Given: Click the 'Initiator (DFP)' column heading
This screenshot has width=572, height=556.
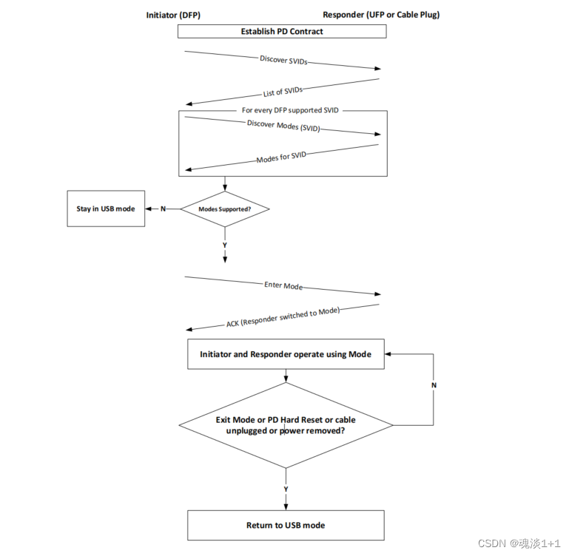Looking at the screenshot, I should [x=173, y=15].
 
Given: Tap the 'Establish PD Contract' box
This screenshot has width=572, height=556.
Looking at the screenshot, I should [x=282, y=31].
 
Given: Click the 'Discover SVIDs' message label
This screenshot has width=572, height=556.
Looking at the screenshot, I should [x=283, y=60].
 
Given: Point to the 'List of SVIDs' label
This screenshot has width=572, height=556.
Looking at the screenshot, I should [x=283, y=92].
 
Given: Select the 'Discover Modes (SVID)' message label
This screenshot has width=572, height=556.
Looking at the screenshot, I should [x=283, y=126].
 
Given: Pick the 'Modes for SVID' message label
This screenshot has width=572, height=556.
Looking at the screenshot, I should [x=281, y=158].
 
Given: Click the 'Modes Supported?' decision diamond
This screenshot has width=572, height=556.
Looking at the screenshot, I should [x=224, y=209].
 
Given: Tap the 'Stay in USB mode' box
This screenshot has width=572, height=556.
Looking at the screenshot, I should [x=106, y=208].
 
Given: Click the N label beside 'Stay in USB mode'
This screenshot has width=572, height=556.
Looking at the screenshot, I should [x=163, y=208].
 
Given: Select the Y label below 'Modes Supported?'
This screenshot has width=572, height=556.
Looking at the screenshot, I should [x=224, y=244].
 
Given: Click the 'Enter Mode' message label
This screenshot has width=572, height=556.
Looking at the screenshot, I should [x=283, y=285].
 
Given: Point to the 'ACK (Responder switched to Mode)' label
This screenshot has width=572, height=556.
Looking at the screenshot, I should [x=283, y=317].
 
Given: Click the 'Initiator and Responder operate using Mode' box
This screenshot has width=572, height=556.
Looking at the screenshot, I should [x=286, y=355].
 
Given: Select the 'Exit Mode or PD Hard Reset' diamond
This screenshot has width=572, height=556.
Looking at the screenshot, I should [x=286, y=425].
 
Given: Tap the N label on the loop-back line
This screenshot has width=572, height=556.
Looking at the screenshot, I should [x=434, y=384].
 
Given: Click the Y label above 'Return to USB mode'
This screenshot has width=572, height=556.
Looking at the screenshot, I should [x=286, y=489].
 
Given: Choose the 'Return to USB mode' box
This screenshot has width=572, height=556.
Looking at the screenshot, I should [x=286, y=525].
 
